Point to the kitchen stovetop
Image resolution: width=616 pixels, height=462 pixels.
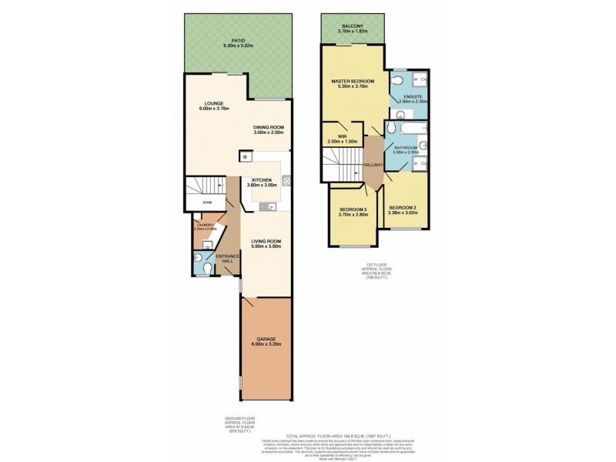click(x=286, y=182)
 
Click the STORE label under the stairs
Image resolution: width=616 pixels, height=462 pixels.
click(x=207, y=202)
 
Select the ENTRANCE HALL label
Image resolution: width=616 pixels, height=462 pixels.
click(x=228, y=258)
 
